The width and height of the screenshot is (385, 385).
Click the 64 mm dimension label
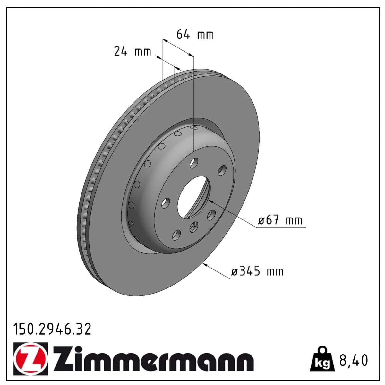(195, 34)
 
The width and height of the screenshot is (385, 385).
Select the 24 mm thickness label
(132, 51)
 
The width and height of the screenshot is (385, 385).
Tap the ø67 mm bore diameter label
(280, 220)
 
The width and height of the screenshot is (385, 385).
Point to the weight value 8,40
(353, 360)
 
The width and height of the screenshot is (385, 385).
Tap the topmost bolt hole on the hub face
(194, 163)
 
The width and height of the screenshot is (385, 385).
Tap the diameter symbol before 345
(235, 272)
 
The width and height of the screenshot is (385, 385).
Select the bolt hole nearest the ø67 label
(211, 214)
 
